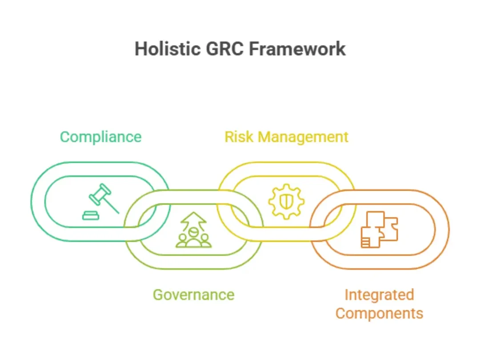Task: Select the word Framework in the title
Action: [x=297, y=49]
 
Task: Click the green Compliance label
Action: [x=101, y=137]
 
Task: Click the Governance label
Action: [x=193, y=295]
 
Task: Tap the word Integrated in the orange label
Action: [x=379, y=295]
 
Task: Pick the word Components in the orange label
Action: [x=379, y=313]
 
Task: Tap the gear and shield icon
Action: [x=286, y=201]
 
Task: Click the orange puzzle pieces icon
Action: [x=379, y=229]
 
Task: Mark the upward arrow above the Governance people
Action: [x=193, y=220]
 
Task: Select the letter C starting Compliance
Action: [x=65, y=137]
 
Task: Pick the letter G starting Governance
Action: [x=158, y=295]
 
